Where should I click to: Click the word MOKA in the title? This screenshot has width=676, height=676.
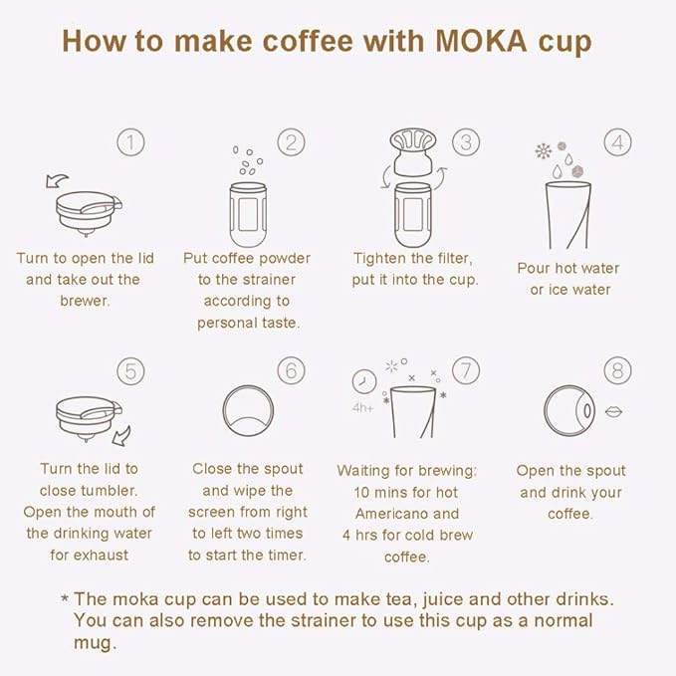coord(481,42)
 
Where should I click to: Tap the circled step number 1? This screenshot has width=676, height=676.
coord(130,142)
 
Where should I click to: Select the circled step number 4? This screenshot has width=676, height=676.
coord(618,142)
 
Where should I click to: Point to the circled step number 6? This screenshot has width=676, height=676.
coord(291,370)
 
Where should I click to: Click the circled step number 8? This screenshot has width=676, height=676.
coord(618,370)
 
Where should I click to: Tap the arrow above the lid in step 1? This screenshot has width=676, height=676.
coord(57,180)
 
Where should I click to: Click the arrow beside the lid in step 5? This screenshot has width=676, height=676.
coord(121,436)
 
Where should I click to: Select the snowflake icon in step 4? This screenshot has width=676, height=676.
coord(544,151)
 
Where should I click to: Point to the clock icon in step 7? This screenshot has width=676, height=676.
coord(364,381)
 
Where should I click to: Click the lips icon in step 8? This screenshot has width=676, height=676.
coord(613,412)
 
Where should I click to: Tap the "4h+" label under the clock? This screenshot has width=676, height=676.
coord(363,407)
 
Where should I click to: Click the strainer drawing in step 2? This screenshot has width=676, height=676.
coord(248,214)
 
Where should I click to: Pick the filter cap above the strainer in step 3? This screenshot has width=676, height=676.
coord(413,151)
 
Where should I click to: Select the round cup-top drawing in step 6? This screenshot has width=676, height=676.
coord(248,411)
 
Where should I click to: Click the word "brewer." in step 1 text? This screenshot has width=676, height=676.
coord(85,301)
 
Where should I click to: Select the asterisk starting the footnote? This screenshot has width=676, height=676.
coord(65,598)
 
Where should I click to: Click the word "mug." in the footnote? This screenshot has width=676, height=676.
coord(95,643)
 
